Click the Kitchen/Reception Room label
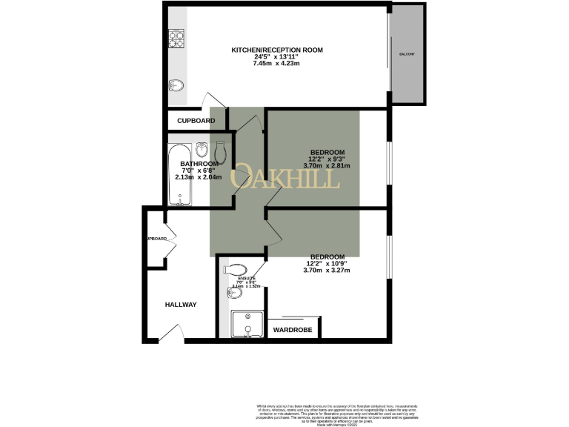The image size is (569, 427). click(277, 50)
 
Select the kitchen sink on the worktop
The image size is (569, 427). click(176, 85)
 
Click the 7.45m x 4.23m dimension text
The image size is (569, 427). click(277, 64)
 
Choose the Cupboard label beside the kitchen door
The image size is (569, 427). click(196, 121)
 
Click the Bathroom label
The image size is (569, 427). click(199, 164)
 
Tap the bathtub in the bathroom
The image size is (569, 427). click(179, 176)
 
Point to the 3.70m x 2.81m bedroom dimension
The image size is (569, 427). click(327, 166)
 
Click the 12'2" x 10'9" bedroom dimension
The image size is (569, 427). click(327, 263)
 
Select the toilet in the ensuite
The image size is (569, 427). click(236, 268)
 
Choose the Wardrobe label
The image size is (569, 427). click(292, 329)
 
